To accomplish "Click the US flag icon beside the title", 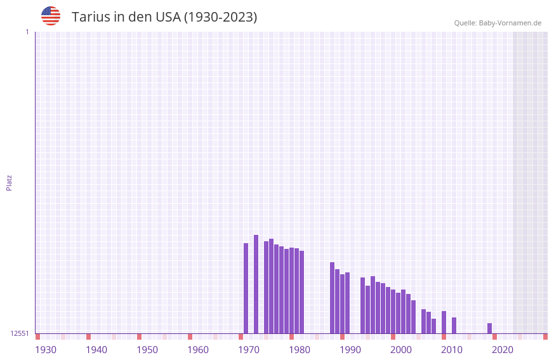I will pyautogui.click(x=51, y=16).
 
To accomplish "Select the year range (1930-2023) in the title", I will pyautogui.click(x=220, y=17).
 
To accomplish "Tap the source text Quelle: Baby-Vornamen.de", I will pyautogui.click(x=498, y=23).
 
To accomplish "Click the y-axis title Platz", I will pyautogui.click(x=9, y=182).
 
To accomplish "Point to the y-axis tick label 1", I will pyautogui.click(x=27, y=32).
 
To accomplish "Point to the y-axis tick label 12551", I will pyautogui.click(x=20, y=333).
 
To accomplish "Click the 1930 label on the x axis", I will pyautogui.click(x=46, y=349).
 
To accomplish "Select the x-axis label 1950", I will pyautogui.click(x=147, y=349).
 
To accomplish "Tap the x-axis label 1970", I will pyautogui.click(x=249, y=349).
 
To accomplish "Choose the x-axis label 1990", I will pyautogui.click(x=350, y=349).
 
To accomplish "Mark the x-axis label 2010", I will pyautogui.click(x=452, y=349).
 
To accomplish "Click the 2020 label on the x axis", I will pyautogui.click(x=503, y=349).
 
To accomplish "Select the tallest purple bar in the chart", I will pyautogui.click(x=256, y=284).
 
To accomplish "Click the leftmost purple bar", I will pyautogui.click(x=246, y=288).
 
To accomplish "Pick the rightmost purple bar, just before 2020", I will pyautogui.click(x=489, y=328).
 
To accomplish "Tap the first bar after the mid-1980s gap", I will pyautogui.click(x=332, y=298).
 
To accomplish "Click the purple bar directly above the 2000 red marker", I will pyautogui.click(x=393, y=312).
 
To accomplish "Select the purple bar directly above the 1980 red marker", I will pyautogui.click(x=291, y=291).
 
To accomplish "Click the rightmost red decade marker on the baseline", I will pyautogui.click(x=545, y=337).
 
